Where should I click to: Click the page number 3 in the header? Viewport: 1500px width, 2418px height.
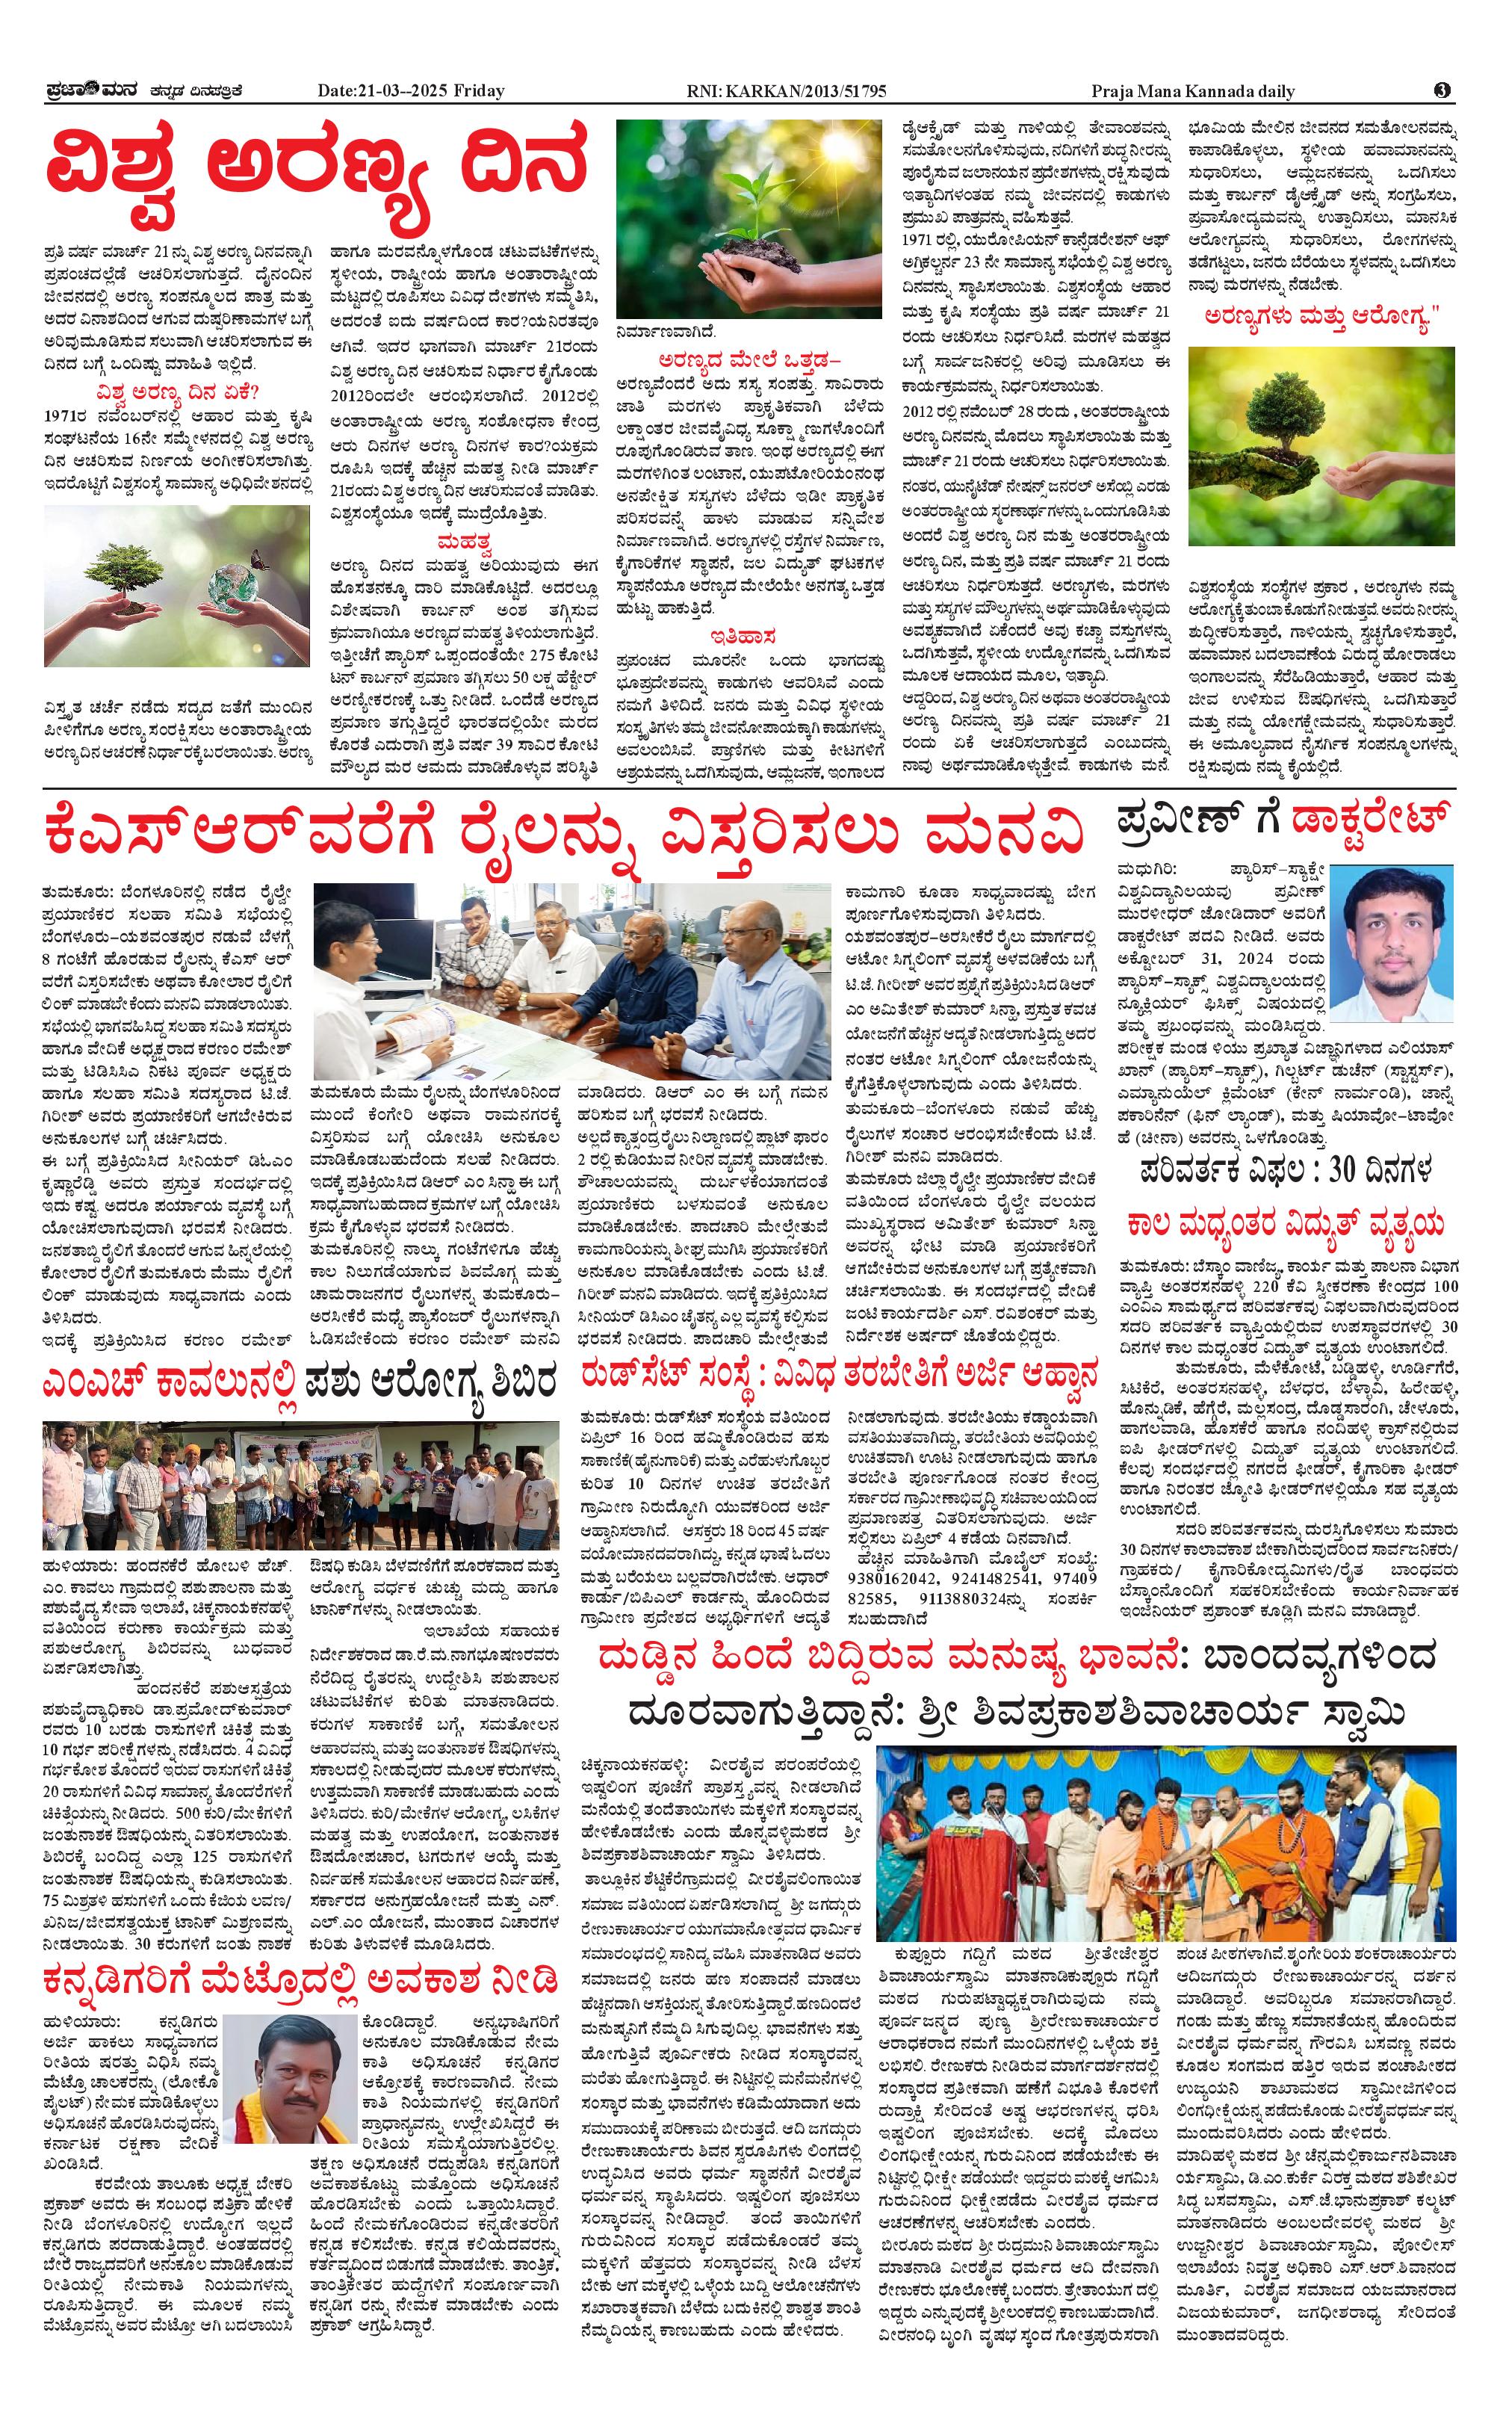point(1442,90)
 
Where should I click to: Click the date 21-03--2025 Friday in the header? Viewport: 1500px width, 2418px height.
point(411,91)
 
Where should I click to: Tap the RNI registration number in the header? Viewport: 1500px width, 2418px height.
point(787,91)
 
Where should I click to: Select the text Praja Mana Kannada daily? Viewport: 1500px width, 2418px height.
point(1192,91)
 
